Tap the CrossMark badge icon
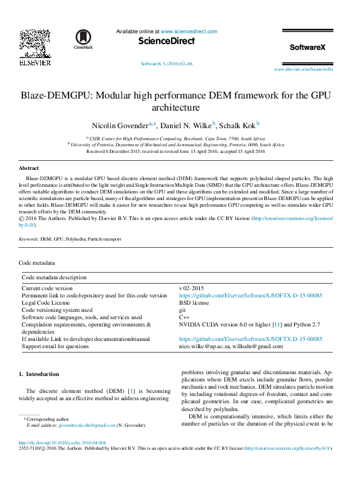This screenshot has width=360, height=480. point(83,39)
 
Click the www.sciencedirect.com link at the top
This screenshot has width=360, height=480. point(189,31)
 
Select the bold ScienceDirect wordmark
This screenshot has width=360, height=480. point(166,41)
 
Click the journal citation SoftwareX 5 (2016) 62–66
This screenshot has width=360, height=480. point(166,63)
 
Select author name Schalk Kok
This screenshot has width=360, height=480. point(237,125)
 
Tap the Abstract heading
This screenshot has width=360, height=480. point(28,167)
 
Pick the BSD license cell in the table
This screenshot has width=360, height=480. point(194,302)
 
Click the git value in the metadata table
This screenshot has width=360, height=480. point(183,310)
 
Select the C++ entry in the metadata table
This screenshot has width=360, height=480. point(185,317)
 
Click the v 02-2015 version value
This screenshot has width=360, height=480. point(192,288)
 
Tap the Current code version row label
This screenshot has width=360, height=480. point(47,288)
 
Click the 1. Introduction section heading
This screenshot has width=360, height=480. point(39,374)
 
